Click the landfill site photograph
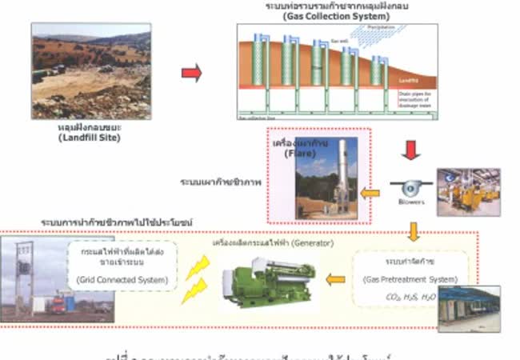[x=90, y=70]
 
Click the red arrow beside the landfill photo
[x=191, y=74]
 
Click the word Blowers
[x=412, y=202]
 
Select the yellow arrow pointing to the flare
[x=370, y=193]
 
